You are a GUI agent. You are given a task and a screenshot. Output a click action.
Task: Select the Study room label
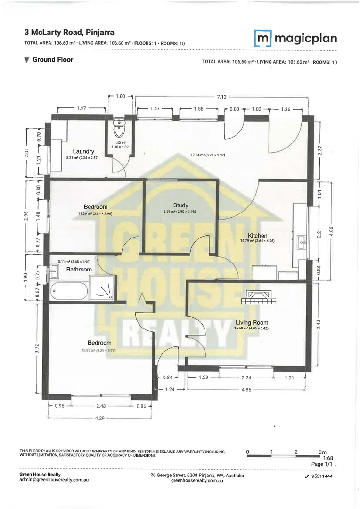coord(180,205)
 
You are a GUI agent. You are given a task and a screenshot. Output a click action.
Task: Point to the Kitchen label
coord(258,236)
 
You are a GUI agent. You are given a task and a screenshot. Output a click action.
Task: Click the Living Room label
coord(252,322)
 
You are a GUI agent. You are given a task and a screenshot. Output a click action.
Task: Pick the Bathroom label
coord(79,269)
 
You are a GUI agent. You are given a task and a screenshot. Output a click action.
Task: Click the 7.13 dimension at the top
coord(221,97)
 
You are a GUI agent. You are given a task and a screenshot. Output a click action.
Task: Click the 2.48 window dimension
coord(101,406)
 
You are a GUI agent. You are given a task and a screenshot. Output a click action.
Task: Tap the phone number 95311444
coord(322,476)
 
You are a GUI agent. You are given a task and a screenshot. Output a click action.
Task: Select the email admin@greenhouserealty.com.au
coord(54,480)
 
